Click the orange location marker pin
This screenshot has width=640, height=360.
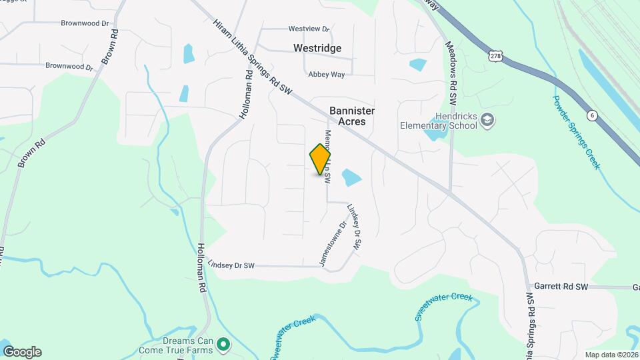point(320,159)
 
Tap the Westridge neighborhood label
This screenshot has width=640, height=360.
point(317,48)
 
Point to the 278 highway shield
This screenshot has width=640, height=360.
point(495,57)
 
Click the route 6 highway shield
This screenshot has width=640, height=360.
point(591,115)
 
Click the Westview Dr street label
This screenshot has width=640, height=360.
point(309,29)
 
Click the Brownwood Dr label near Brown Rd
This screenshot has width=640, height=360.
point(69,66)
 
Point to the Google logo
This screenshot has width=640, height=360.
point(22,351)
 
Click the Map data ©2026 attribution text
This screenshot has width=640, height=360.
point(611,355)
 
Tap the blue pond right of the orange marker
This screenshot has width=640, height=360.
point(351,177)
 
